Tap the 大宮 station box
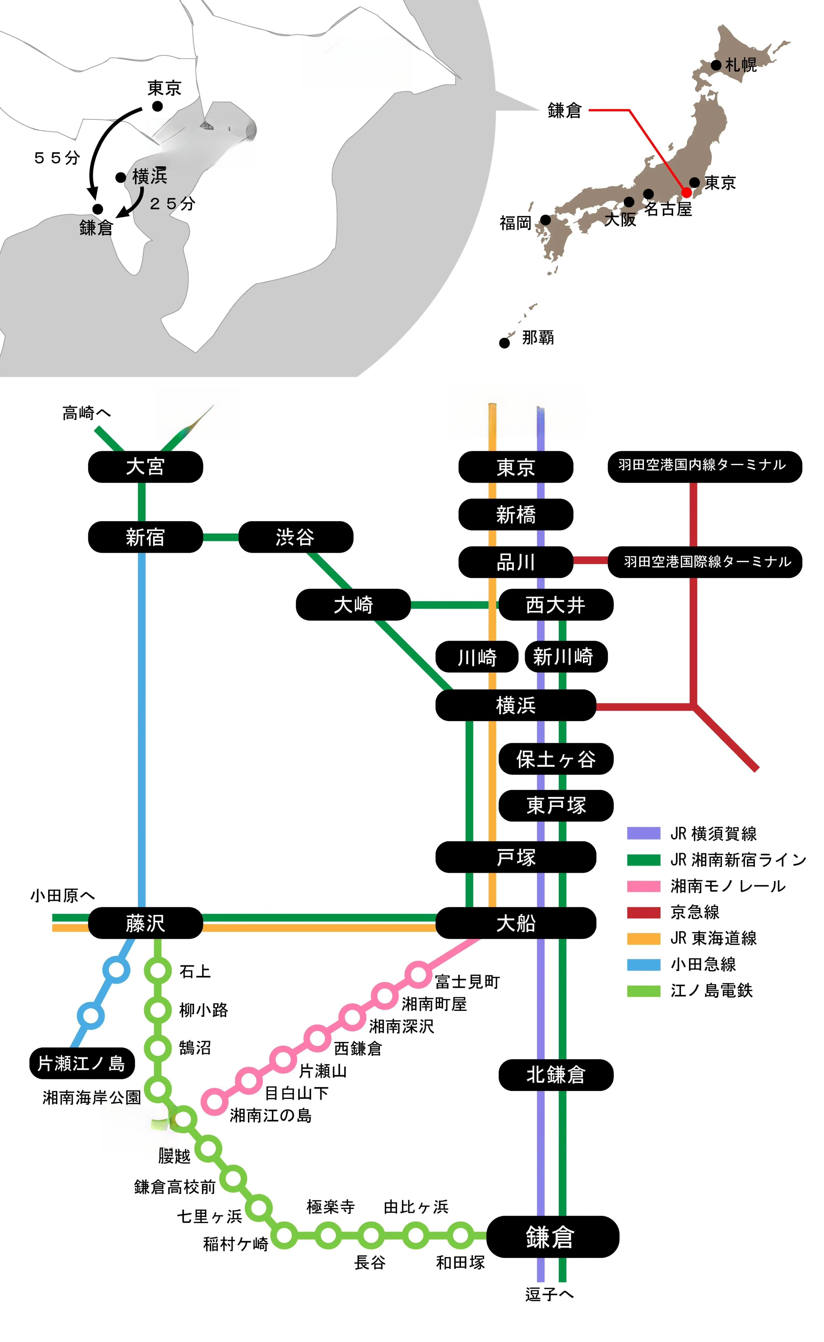145,467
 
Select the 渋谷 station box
295,537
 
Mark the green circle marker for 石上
158,971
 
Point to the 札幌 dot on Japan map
716,65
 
